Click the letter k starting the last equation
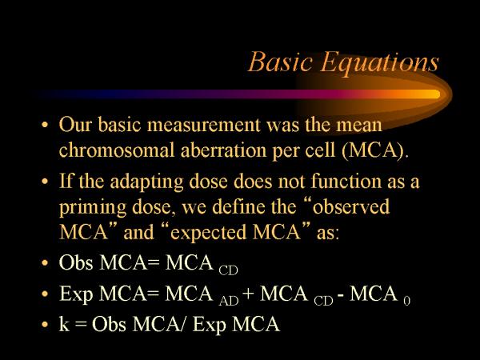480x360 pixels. [x=65, y=325]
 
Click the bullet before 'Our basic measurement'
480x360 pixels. [x=45, y=127]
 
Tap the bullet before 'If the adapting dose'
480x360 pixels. [x=45, y=182]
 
